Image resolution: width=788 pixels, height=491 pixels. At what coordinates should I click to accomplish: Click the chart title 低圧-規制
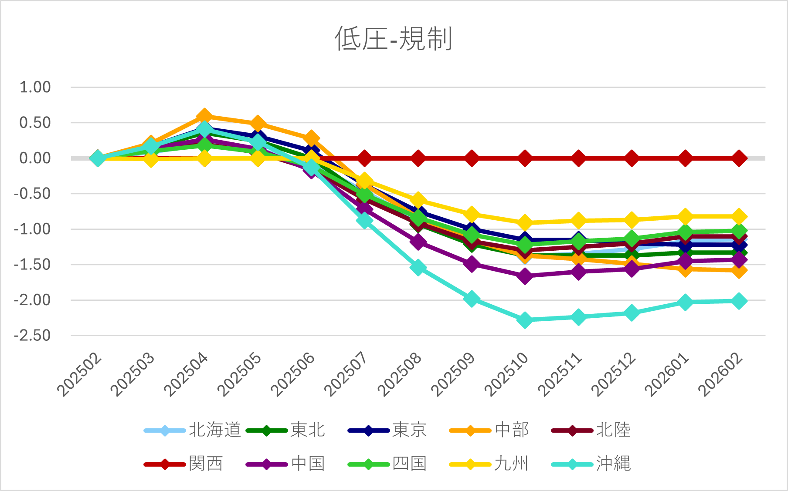(394, 39)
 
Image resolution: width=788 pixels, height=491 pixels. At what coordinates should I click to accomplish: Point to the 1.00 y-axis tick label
(35, 87)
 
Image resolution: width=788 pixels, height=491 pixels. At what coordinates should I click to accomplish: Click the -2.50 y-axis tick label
(32, 336)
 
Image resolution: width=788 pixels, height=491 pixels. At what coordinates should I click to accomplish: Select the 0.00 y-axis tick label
(35, 158)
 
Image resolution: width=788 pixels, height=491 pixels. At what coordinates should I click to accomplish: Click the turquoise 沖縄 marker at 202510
(525, 320)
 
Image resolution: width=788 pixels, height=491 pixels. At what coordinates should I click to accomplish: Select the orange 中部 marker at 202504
(204, 116)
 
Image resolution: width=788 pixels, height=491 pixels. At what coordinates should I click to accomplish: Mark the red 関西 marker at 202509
(472, 158)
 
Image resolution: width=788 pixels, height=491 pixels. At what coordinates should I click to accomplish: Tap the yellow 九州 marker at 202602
(739, 216)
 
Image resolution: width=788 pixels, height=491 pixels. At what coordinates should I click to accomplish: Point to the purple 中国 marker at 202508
(418, 241)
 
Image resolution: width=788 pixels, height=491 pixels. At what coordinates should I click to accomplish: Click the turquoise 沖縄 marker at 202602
(739, 301)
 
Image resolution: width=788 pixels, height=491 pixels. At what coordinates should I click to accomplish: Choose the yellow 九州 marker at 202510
(525, 223)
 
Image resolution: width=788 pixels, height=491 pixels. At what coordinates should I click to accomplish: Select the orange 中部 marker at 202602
(739, 271)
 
